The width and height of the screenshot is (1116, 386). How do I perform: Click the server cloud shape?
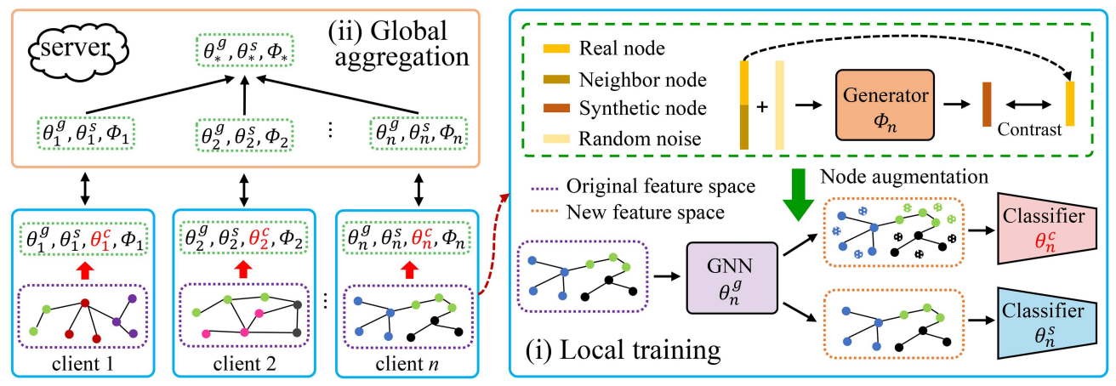[77, 48]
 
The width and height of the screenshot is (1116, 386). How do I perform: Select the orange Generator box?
[885, 105]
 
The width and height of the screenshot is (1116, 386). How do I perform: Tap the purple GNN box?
[732, 278]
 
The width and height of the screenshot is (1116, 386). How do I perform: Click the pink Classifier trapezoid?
[1047, 228]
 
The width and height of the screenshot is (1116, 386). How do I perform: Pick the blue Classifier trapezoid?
[1047, 323]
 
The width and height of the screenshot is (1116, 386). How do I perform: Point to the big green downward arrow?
[798, 194]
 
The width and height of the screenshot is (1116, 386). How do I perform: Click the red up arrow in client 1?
[85, 271]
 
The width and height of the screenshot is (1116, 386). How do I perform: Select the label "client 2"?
[244, 364]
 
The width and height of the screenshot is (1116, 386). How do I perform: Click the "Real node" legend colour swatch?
[556, 48]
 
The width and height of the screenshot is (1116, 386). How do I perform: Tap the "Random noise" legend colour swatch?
[556, 139]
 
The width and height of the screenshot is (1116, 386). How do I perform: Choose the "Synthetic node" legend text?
[643, 109]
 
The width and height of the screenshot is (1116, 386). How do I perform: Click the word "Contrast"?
[1029, 129]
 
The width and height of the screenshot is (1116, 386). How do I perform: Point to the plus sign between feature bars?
[762, 106]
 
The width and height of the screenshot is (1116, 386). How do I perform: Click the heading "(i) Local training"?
[623, 349]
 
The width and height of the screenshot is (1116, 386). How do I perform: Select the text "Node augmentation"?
[904, 176]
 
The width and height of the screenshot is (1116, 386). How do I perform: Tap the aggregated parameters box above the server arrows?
[244, 51]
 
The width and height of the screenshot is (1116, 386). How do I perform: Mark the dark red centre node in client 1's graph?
[85, 303]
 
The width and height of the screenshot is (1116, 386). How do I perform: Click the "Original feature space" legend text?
[661, 186]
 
